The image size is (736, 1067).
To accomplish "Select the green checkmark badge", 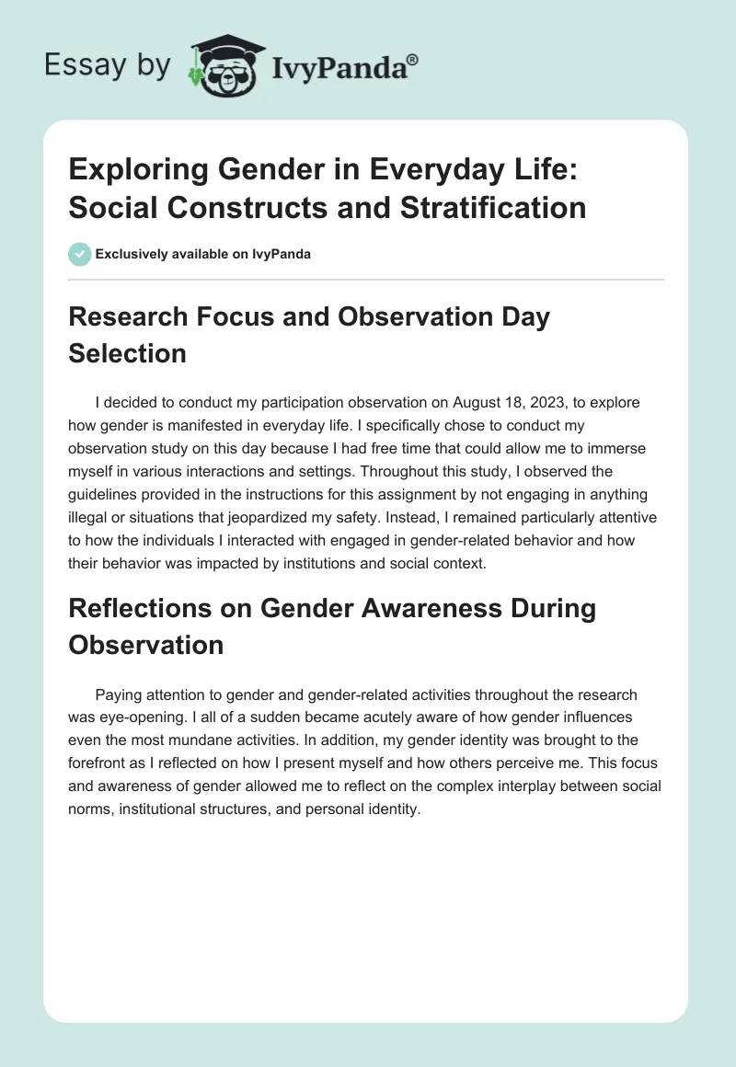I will click(79, 254).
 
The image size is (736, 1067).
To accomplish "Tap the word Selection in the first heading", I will click(127, 352).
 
